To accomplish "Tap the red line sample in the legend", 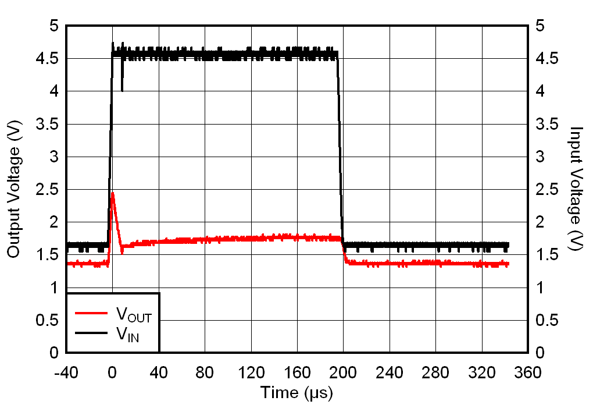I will click(x=91, y=313).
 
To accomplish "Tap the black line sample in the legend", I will click(x=91, y=333).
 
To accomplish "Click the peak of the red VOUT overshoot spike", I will click(x=112, y=193).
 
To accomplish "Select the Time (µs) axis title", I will click(x=296, y=393).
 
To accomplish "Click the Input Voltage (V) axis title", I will click(x=576, y=189).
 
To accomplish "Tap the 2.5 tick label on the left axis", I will click(x=47, y=189).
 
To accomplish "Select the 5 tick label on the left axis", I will click(x=54, y=26).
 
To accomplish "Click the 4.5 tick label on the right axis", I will click(x=546, y=59).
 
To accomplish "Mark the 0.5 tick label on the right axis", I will click(x=546, y=320).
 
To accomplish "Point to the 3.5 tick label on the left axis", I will click(x=47, y=124).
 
